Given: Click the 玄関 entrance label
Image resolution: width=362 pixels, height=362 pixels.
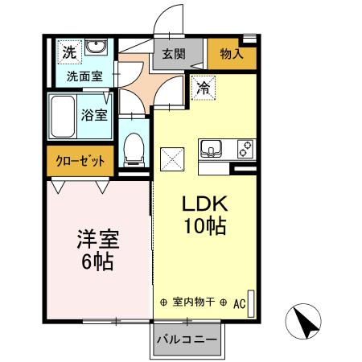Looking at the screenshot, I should (172, 54).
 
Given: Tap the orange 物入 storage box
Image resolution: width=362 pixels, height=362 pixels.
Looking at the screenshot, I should (232, 54).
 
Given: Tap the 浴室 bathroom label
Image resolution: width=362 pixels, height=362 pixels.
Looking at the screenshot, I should (95, 114).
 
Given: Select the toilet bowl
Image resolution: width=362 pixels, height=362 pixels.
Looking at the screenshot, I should (134, 146).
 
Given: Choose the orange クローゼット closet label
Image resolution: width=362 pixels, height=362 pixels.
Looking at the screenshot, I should (80, 159).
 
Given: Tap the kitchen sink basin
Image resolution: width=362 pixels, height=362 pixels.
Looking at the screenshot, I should (212, 148).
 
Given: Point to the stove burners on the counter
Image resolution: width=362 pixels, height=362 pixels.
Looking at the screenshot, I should (245, 148).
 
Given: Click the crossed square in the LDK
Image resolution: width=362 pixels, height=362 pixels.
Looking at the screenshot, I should (173, 158).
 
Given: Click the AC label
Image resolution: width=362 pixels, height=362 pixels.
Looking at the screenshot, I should (239, 304).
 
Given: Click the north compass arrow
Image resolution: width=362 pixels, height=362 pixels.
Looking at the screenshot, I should (306, 323).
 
